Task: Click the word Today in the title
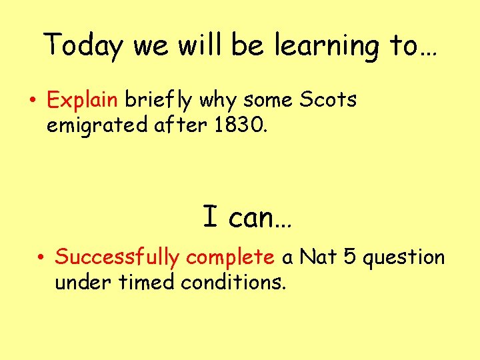point(85,47)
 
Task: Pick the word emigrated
point(92,125)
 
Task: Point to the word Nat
point(318,257)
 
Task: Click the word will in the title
point(193,46)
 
